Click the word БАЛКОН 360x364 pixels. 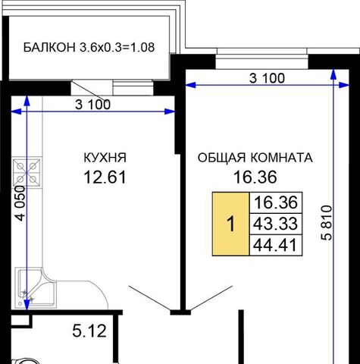coord(49,47)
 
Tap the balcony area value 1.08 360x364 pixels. coord(142,47)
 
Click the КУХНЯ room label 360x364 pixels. coord(105,158)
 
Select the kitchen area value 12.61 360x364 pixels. coord(105,177)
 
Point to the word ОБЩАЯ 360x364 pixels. coord(221,158)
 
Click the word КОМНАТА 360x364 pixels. coord(282,158)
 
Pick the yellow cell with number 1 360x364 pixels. coord(230,224)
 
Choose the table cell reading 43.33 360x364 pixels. coord(276,224)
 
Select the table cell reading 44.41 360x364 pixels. coord(276,245)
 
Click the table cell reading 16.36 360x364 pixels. coord(276,203)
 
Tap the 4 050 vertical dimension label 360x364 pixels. coord(20,203)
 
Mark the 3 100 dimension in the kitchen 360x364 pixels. coord(93,105)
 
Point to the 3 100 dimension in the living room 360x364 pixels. coord(267,78)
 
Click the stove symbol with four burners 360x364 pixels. coord(27,173)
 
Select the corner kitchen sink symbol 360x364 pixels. coord(36,288)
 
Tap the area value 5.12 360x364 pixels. coord(89,331)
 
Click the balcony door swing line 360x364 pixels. coord(88,90)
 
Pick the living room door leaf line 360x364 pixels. coord(211,298)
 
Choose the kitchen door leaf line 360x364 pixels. coord(149,298)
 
